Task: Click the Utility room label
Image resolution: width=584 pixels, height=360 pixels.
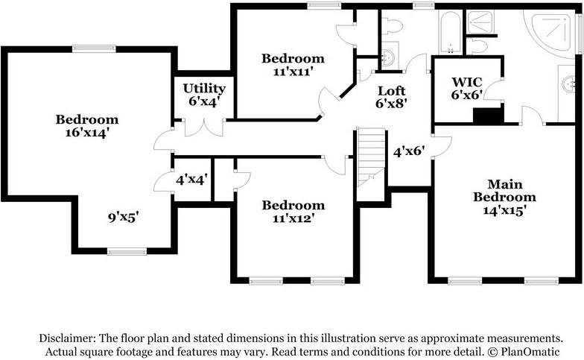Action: point(204,88)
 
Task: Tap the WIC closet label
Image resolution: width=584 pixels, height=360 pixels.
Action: point(466,82)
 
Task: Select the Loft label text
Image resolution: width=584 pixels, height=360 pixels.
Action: point(391,91)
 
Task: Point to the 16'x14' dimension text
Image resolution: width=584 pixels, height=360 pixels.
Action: point(86,133)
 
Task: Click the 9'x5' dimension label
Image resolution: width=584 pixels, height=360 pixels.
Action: point(124,217)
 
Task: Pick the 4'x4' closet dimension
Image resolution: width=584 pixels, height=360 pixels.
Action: point(191,180)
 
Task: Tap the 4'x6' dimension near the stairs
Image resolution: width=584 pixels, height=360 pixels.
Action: point(409,151)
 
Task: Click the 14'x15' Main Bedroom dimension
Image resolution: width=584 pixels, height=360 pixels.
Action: point(504,210)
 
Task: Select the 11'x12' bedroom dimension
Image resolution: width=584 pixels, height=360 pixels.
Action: point(293,218)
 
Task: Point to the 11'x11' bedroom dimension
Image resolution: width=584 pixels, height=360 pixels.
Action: point(293,72)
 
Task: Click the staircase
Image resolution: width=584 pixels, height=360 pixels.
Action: point(371,157)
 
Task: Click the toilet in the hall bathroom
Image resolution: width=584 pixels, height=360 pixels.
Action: point(392,27)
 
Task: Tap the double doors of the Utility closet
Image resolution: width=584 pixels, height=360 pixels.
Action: point(204,128)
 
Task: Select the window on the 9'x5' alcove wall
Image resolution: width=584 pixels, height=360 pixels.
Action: point(127,252)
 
